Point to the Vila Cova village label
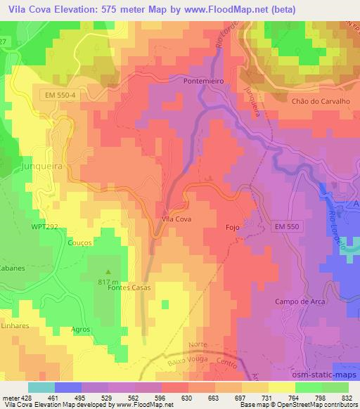tap(176, 219)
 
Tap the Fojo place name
tap(233, 228)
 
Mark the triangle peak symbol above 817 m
tap(108, 271)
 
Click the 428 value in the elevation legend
tap(30, 397)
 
